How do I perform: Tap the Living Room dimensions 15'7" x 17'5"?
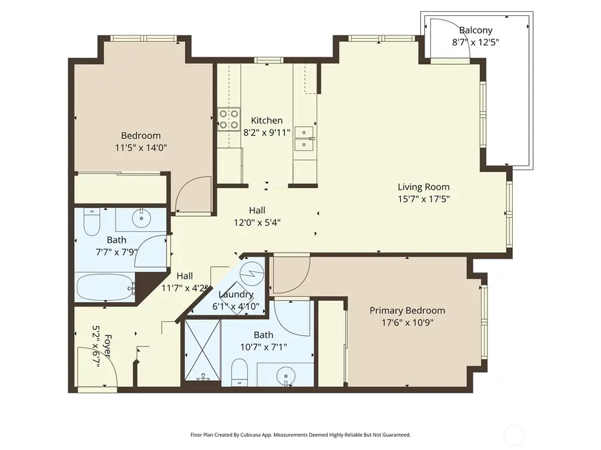[x=423, y=199]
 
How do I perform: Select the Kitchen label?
[x=266, y=120]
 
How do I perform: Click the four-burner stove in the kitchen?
[x=229, y=119]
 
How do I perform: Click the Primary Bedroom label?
[x=407, y=310]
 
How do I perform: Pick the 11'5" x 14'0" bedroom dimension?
[x=140, y=147]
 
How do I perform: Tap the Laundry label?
[x=236, y=294]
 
